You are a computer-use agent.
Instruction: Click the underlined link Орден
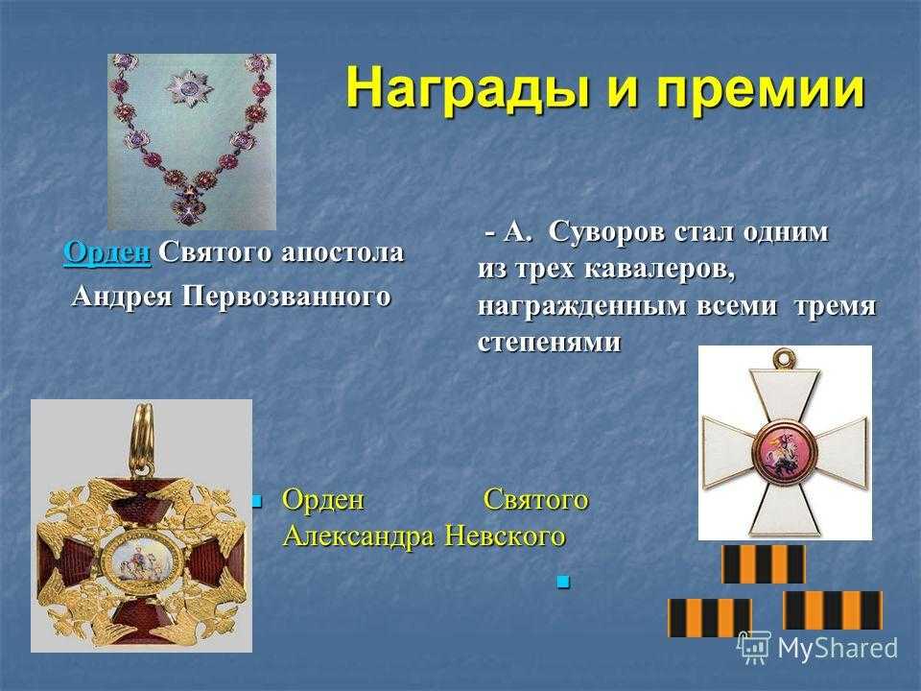pos(106,252)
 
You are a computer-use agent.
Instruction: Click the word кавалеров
pos(659,269)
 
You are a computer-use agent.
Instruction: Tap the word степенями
pos(549,342)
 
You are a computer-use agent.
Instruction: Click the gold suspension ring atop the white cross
pos(784,357)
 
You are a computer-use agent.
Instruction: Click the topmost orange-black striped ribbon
pos(763,564)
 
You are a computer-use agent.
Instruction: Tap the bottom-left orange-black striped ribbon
pos(710,617)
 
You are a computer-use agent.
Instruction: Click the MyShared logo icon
pos(754,648)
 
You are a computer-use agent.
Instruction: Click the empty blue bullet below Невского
pos(563,582)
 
